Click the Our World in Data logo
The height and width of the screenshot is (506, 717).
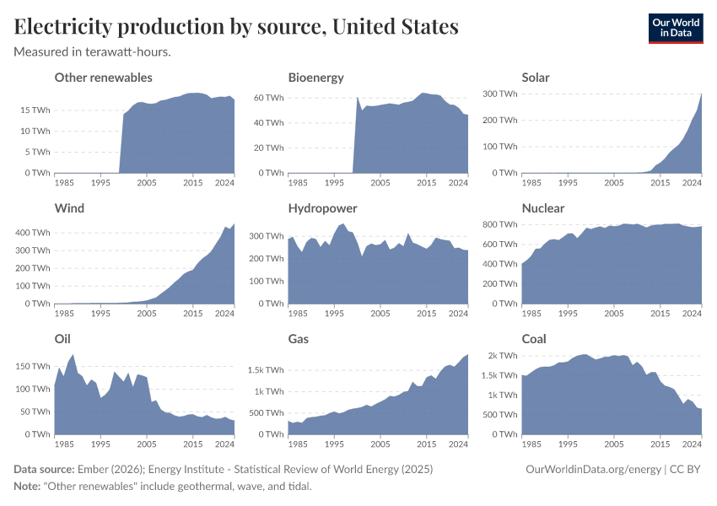coord(675,27)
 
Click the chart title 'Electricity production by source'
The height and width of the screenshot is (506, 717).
coord(236,27)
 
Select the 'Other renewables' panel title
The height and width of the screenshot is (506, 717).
coord(103,78)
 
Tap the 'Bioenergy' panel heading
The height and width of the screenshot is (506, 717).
coord(315,78)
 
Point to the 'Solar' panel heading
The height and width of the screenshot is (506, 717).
coord(536,78)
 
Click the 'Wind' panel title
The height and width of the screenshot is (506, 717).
coord(69,208)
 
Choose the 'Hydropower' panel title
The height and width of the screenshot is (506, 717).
coord(322,208)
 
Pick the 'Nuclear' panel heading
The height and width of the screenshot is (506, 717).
coord(543,208)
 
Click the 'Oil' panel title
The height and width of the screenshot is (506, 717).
coord(62,339)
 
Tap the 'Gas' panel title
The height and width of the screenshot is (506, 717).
coord(299,339)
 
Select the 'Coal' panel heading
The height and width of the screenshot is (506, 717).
coord(534,339)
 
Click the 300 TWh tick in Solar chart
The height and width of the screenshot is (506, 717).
coord(499,94)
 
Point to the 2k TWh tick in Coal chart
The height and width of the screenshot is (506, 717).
coord(503,355)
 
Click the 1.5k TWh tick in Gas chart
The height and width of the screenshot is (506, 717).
coord(267,370)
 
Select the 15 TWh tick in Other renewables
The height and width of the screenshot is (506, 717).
coord(35,110)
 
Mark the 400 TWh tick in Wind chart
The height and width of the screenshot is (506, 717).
coord(32,232)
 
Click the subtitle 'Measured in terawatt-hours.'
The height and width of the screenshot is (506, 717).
coord(93,51)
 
